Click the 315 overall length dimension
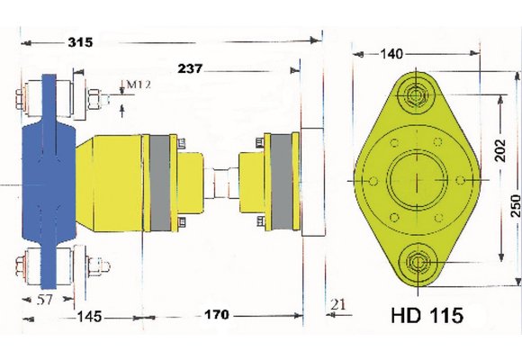pyautogui.click(x=83, y=41)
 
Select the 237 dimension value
pyautogui.click(x=195, y=68)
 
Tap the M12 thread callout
pyautogui.click(x=137, y=85)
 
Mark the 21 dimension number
pyautogui.click(x=337, y=303)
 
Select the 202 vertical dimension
pyautogui.click(x=502, y=148)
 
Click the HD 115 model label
pyautogui.click(x=427, y=316)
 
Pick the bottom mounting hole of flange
pyautogui.click(x=416, y=263)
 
